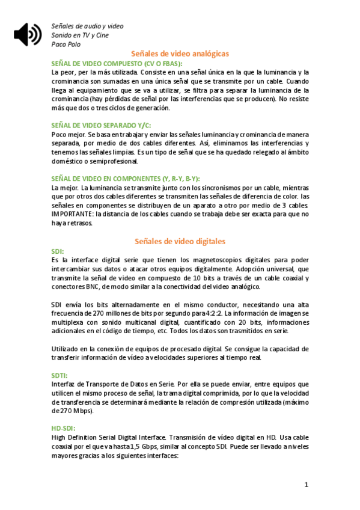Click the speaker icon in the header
point(28,34)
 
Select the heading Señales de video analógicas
point(180,54)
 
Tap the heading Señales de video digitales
point(180,241)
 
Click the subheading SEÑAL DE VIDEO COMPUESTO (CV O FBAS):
point(117,63)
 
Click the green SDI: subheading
point(58,250)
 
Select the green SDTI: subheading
point(60,375)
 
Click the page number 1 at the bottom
point(307,485)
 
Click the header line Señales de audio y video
point(87,26)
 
